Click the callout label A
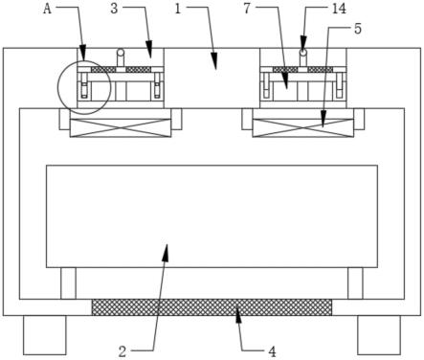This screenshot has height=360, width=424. tap(47, 9)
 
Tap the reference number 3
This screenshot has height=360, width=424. tap(114, 9)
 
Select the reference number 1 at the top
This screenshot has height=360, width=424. tap(178, 9)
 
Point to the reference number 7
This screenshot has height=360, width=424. tap(247, 9)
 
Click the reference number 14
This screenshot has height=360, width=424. tap(339, 9)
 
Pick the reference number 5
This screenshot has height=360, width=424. tap(358, 29)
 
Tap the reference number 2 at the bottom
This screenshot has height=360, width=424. tap(123, 351)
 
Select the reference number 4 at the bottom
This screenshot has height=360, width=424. tap(272, 351)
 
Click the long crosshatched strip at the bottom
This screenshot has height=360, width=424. tap(212, 307)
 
